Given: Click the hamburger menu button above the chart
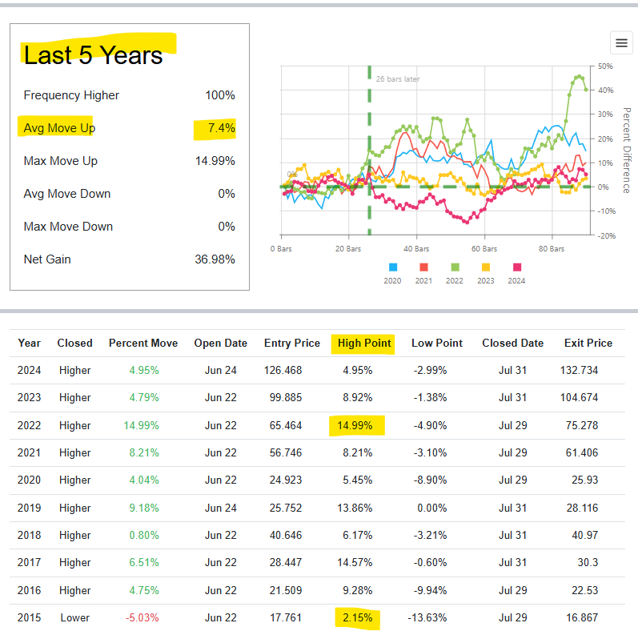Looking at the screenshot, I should (620, 42).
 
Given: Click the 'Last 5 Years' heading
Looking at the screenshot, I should (93, 54).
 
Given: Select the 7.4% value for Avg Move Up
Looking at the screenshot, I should (220, 128).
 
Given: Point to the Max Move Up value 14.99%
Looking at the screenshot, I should (215, 161).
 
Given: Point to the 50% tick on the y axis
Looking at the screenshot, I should (605, 66).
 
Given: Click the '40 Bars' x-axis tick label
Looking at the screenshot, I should (416, 249).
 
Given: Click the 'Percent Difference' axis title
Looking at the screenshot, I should (626, 151).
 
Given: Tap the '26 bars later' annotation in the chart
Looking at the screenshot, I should (398, 79).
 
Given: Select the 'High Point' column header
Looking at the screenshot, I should (364, 343).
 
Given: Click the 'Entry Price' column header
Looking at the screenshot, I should (292, 343).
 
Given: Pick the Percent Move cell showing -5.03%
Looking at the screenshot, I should (143, 617).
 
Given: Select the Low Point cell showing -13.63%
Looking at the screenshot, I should (436, 617).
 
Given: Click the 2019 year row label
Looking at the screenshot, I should (29, 508).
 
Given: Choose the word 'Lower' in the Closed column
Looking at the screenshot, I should (74, 617).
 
